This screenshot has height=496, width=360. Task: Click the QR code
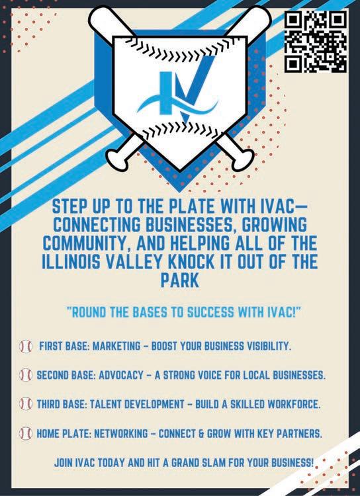(316, 41)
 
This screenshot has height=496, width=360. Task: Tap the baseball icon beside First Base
(26, 347)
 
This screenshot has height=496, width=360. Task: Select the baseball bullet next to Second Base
(26, 375)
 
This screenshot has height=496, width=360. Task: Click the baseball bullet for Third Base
(26, 404)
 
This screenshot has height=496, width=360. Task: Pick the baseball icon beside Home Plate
(26, 433)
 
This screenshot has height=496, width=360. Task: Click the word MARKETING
(116, 346)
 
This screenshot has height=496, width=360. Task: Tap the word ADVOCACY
(121, 375)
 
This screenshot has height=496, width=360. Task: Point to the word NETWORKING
(121, 433)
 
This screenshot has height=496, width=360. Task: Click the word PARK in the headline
(179, 280)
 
